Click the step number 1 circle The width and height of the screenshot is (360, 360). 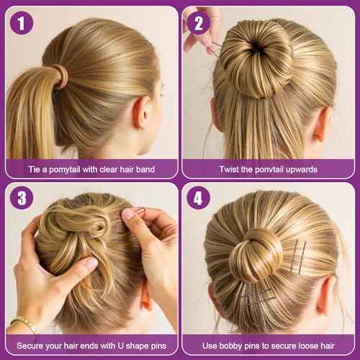pos(22,23)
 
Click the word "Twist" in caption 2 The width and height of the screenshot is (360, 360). pos(231,169)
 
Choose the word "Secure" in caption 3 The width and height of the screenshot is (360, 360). pos(30,346)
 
